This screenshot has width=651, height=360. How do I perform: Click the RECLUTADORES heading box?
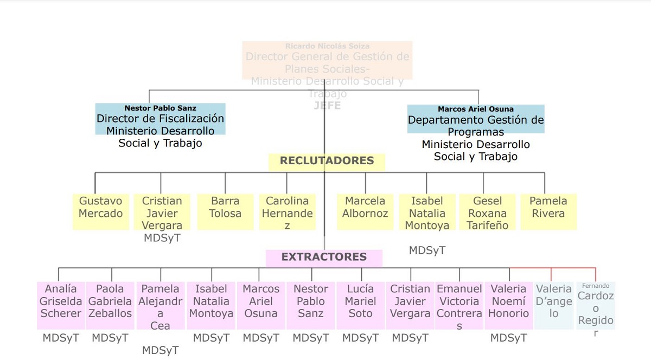click(327, 161)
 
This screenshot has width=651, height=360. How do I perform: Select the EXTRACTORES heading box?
click(324, 258)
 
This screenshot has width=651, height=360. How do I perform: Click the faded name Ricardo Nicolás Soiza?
click(327, 47)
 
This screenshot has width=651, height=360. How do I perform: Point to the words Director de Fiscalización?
click(160, 119)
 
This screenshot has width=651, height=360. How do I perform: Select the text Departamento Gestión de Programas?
click(476, 126)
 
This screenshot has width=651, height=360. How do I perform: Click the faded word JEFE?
click(327, 106)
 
